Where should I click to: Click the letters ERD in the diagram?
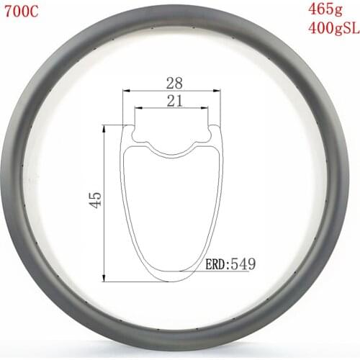click(218, 264)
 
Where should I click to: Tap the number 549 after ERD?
click(245, 264)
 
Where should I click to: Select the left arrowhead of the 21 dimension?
click(138, 109)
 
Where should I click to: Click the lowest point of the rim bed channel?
click(171, 153)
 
